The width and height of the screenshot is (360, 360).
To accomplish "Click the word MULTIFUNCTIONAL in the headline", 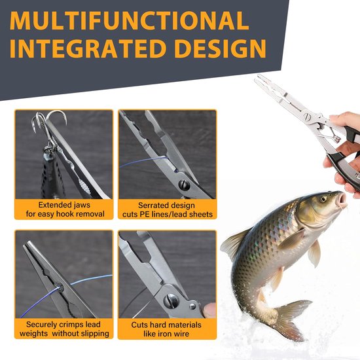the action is pos(130,20).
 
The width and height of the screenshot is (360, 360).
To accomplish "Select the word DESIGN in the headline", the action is pos(220,48).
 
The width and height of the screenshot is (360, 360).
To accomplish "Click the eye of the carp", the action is pos(323,198).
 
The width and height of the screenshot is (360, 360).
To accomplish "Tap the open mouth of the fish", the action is pos(342,198).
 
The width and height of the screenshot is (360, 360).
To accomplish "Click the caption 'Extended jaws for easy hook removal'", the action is pos(65,209).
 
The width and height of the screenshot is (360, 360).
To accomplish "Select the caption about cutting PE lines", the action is pos(168,209).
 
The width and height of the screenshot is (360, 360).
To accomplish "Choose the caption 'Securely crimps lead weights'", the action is pos(64,329).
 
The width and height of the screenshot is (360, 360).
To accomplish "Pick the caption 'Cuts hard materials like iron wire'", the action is pos(166,329).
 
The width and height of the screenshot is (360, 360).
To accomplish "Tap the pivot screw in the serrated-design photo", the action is pos(184,185).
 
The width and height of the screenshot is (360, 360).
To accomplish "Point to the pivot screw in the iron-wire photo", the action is pos(171,301).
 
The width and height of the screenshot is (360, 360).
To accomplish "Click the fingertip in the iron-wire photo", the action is pos(209,310).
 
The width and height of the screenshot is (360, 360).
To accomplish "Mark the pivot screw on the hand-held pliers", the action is pos(307,117).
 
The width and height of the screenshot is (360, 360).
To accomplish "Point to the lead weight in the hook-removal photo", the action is pos(50,175).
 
